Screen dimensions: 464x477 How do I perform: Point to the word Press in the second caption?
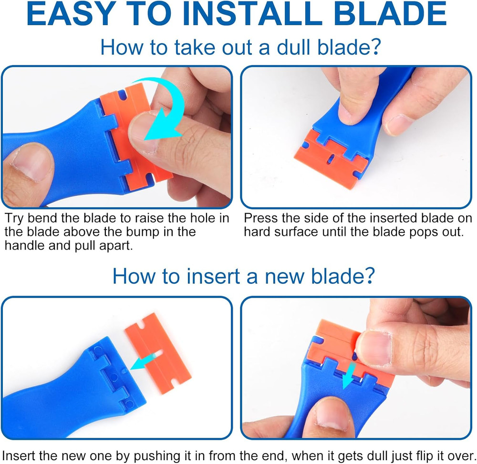click(x=262, y=219)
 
